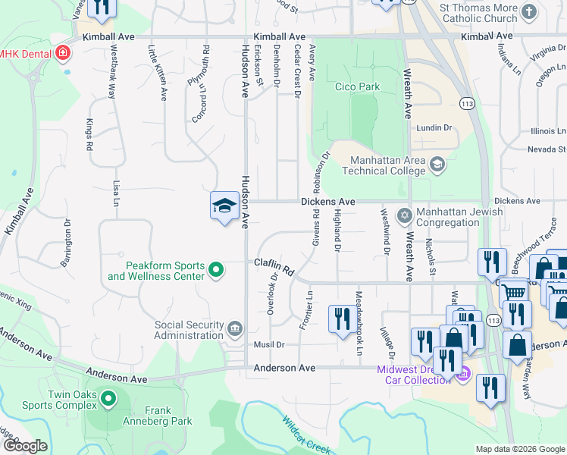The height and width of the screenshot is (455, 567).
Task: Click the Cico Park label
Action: pos(357,87)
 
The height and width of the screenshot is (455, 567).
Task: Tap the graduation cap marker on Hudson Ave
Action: pos(225,206)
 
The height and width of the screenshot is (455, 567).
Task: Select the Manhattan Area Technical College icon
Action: pos(437,163)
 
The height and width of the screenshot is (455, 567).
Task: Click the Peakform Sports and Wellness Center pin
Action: pos(216,269)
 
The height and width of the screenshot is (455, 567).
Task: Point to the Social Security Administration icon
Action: pos(234,329)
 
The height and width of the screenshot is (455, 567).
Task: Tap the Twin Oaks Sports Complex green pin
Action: pos(108,397)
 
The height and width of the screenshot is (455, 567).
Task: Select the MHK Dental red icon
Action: pos(63,54)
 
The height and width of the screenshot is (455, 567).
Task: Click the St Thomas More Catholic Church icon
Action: pos(529,11)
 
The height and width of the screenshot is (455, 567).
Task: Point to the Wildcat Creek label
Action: pos(308,436)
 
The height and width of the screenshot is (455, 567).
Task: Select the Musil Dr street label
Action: pos(269,345)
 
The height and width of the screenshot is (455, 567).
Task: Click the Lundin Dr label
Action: pos(434,128)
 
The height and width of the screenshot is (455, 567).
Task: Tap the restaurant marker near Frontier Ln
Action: pos(339,318)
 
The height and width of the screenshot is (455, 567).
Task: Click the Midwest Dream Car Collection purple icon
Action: pos(463,374)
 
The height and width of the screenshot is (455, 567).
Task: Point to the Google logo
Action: pos(26,446)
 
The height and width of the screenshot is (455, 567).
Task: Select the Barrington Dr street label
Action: pos(67,243)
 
